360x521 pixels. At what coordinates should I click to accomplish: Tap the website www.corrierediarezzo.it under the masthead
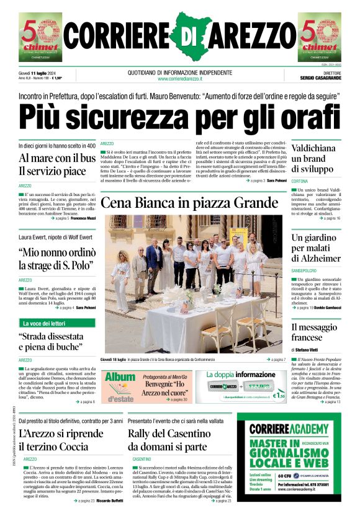click(180, 79)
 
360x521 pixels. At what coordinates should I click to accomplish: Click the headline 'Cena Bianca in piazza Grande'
click(189, 203)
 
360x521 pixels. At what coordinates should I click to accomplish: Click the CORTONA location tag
click(300, 181)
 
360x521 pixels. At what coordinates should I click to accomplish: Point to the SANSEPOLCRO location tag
click(305, 271)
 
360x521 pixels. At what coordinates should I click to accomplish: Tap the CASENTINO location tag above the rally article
click(141, 459)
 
